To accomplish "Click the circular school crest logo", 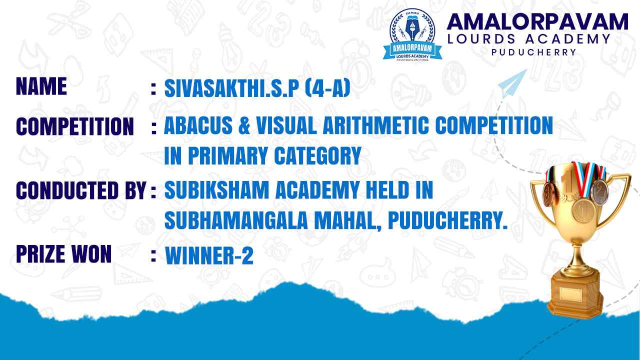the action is (x=412, y=35).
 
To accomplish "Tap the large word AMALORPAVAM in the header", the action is (x=537, y=22).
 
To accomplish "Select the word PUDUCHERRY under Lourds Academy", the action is (x=533, y=52).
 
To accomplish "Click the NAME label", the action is (x=41, y=86).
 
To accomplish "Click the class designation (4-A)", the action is (x=327, y=88).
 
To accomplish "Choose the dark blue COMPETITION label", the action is (x=75, y=126).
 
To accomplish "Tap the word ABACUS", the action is (x=198, y=125).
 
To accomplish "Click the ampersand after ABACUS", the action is (x=244, y=125).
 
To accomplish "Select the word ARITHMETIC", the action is (x=375, y=125).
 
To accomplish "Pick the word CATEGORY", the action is (x=317, y=155).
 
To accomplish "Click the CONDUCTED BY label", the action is (x=81, y=190).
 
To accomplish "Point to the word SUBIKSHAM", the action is (x=217, y=189).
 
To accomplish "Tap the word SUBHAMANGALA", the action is (x=236, y=220).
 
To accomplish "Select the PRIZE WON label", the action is (x=63, y=254).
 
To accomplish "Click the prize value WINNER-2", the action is (x=209, y=255).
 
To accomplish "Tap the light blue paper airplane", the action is (x=512, y=83).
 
